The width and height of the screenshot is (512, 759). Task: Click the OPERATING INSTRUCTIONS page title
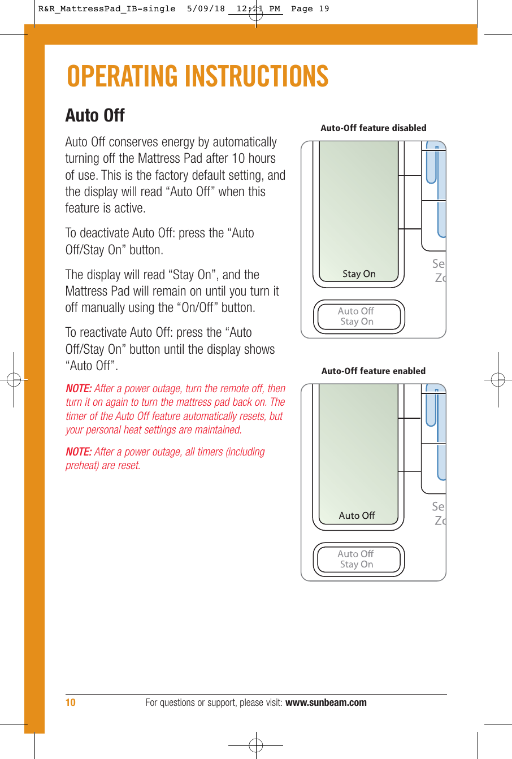pos(197,76)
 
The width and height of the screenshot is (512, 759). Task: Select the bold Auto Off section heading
pos(95,115)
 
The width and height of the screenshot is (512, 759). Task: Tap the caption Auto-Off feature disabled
pos(373,128)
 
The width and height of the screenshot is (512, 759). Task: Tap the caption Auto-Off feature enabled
pos(373,371)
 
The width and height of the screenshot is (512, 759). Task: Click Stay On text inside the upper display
pos(359,274)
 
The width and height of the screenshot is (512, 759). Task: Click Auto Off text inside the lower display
pos(357,515)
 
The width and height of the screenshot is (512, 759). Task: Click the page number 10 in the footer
pos(70,702)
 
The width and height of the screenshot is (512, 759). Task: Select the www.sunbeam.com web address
pos(326,702)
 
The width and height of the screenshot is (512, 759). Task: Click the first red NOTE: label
pos(79,389)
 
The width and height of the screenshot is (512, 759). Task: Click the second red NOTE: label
pos(79,452)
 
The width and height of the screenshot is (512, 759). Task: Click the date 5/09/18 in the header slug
pos(206,9)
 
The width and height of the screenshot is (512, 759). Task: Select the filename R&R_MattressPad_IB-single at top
pos(107,9)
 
